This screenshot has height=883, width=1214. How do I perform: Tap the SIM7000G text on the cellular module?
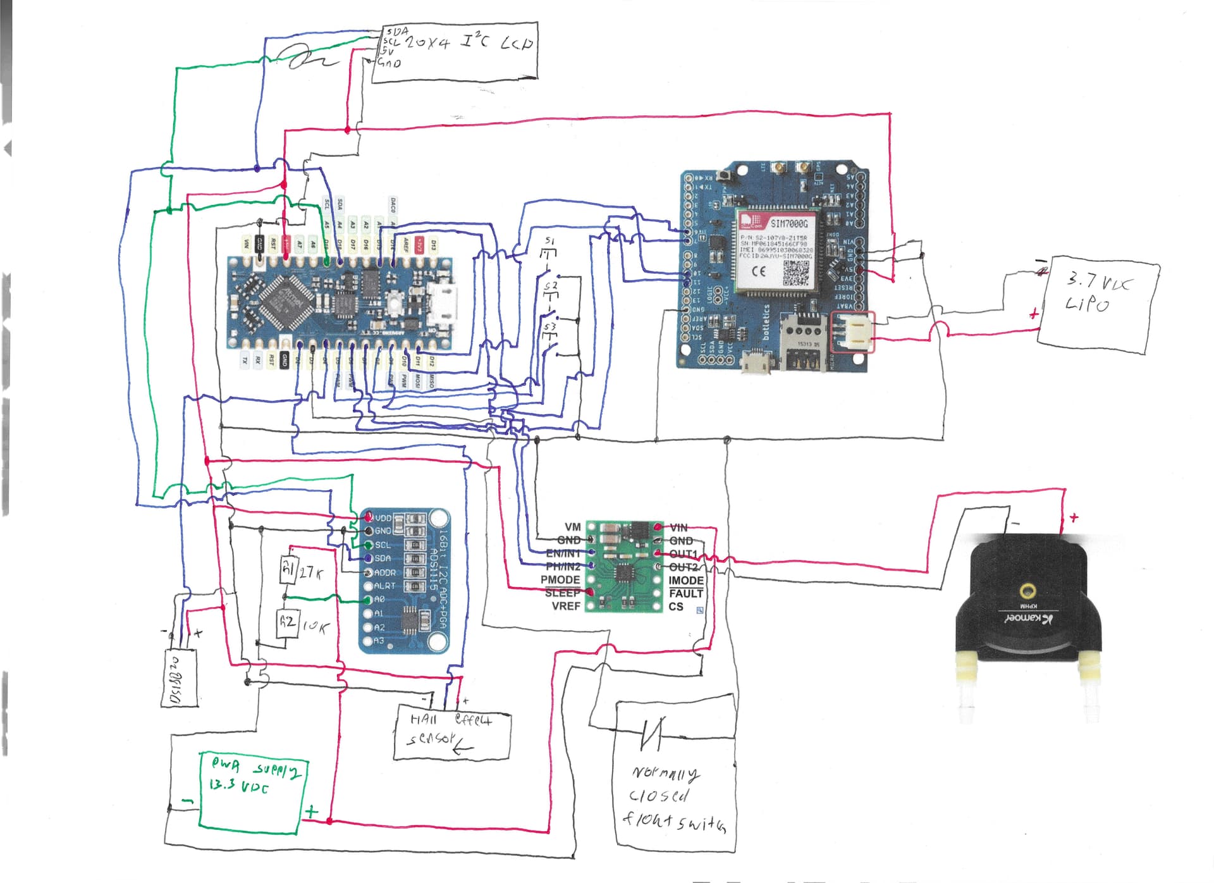(x=788, y=223)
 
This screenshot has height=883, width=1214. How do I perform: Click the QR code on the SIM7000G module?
(x=796, y=273)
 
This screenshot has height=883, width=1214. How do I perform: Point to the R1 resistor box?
(x=288, y=569)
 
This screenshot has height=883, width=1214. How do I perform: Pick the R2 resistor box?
(x=288, y=622)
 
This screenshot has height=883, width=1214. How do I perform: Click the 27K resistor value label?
(x=312, y=572)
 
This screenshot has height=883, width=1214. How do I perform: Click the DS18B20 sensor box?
(x=179, y=677)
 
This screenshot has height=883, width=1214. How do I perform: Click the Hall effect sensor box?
(x=451, y=732)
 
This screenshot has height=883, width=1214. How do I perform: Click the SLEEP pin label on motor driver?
(x=562, y=593)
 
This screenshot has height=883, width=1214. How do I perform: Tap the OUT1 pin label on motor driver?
(x=683, y=554)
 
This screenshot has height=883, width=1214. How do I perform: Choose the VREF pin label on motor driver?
(x=566, y=606)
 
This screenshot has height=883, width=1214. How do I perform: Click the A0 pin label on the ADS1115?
(x=379, y=599)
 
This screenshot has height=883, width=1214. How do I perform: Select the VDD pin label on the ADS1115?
(x=383, y=518)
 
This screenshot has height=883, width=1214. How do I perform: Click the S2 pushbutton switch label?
(x=550, y=287)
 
